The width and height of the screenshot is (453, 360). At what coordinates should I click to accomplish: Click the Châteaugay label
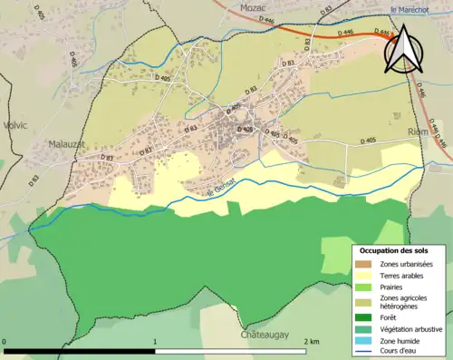click(265, 335)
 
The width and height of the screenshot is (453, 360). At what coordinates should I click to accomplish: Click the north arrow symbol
click(402, 49)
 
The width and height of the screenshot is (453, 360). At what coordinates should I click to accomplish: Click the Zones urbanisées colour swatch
click(364, 263)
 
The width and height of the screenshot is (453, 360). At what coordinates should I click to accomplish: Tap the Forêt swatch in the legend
click(364, 317)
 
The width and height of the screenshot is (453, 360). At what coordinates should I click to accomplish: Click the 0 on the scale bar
click(5, 342)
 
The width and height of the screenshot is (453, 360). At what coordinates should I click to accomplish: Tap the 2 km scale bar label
click(311, 342)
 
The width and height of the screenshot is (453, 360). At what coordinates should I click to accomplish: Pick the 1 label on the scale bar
click(156, 342)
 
